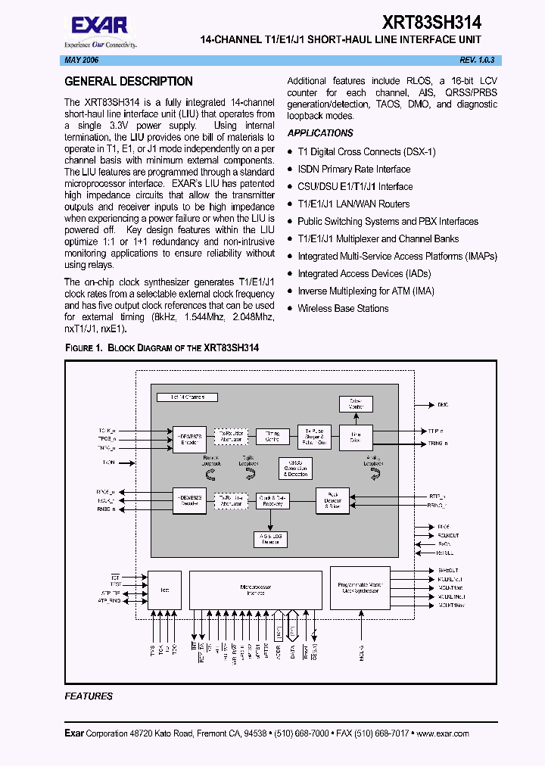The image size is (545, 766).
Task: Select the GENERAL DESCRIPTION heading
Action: pos(129,82)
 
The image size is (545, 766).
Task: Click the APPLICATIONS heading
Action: pos(320,133)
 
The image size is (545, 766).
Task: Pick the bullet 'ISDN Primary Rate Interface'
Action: pos(353,169)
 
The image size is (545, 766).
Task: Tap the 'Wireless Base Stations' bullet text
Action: pos(343,308)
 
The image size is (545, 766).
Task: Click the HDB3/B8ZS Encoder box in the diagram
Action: pos(189,438)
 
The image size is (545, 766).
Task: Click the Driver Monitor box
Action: pos(350,403)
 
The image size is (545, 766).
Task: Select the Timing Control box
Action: pos(272,437)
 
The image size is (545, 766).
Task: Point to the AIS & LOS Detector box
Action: pos(270,539)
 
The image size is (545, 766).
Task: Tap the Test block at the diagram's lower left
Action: pos(164,589)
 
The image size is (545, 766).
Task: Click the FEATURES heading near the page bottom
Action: pos(89,696)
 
